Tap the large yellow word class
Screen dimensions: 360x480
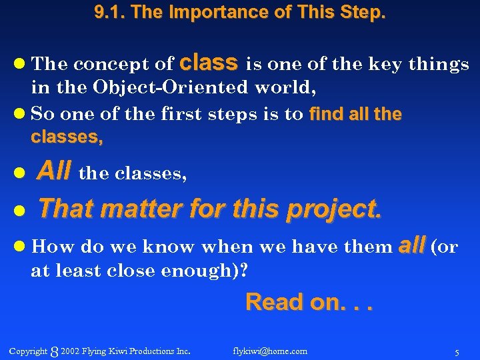(x=209, y=62)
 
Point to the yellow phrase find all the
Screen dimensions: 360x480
(x=355, y=114)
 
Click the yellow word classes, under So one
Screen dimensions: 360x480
(x=67, y=137)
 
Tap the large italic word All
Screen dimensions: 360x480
(x=54, y=173)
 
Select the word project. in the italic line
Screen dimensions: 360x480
(x=334, y=209)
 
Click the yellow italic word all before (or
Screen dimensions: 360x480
(x=411, y=246)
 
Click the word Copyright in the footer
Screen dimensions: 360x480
(x=28, y=351)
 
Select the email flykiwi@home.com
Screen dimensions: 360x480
(x=270, y=351)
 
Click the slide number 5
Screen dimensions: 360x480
(x=457, y=351)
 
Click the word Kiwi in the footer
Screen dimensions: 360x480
(x=123, y=351)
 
